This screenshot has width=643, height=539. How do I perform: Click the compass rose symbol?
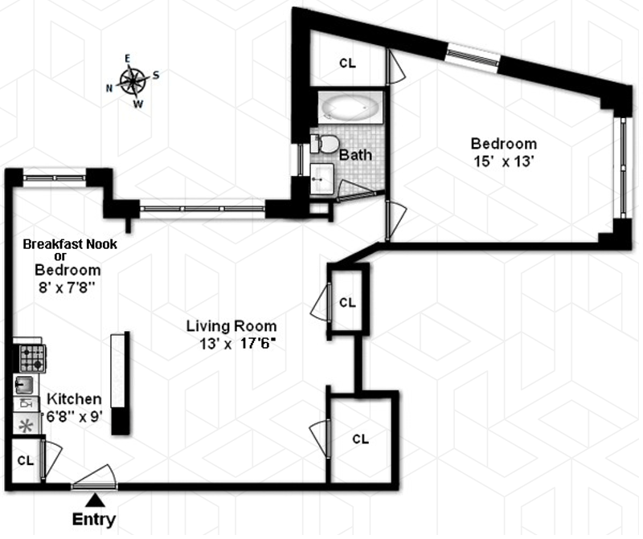pyautogui.click(x=133, y=80)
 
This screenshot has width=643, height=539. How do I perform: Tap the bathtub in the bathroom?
pyautogui.click(x=350, y=108)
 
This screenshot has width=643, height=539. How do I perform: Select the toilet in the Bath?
pyautogui.click(x=325, y=144)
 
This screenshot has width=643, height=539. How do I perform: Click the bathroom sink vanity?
pyautogui.click(x=321, y=178)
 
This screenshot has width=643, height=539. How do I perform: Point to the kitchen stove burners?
pyautogui.click(x=32, y=358)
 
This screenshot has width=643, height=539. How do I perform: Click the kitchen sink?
pyautogui.click(x=24, y=385)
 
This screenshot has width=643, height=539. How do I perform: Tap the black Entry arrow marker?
pyautogui.click(x=95, y=500)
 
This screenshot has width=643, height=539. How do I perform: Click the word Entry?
pyautogui.click(x=94, y=520)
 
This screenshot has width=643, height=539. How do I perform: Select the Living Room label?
pyautogui.click(x=231, y=326)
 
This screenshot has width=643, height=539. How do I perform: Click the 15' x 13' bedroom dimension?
pyautogui.click(x=504, y=161)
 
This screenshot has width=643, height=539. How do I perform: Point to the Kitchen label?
pyautogui.click(x=74, y=398)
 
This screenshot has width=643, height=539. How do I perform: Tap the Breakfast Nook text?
pyautogui.click(x=70, y=244)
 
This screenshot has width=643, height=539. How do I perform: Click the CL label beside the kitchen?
pyautogui.click(x=26, y=461)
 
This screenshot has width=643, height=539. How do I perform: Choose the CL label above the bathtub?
pyautogui.click(x=348, y=63)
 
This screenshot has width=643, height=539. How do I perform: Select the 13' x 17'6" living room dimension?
pyautogui.click(x=236, y=344)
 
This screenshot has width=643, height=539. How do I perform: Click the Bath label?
pyautogui.click(x=355, y=155)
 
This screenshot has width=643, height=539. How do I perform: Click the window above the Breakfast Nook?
pyautogui.click(x=55, y=178)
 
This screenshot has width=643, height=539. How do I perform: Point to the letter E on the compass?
pyautogui.click(x=128, y=59)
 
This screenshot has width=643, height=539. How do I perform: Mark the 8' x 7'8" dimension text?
pyautogui.click(x=67, y=288)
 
